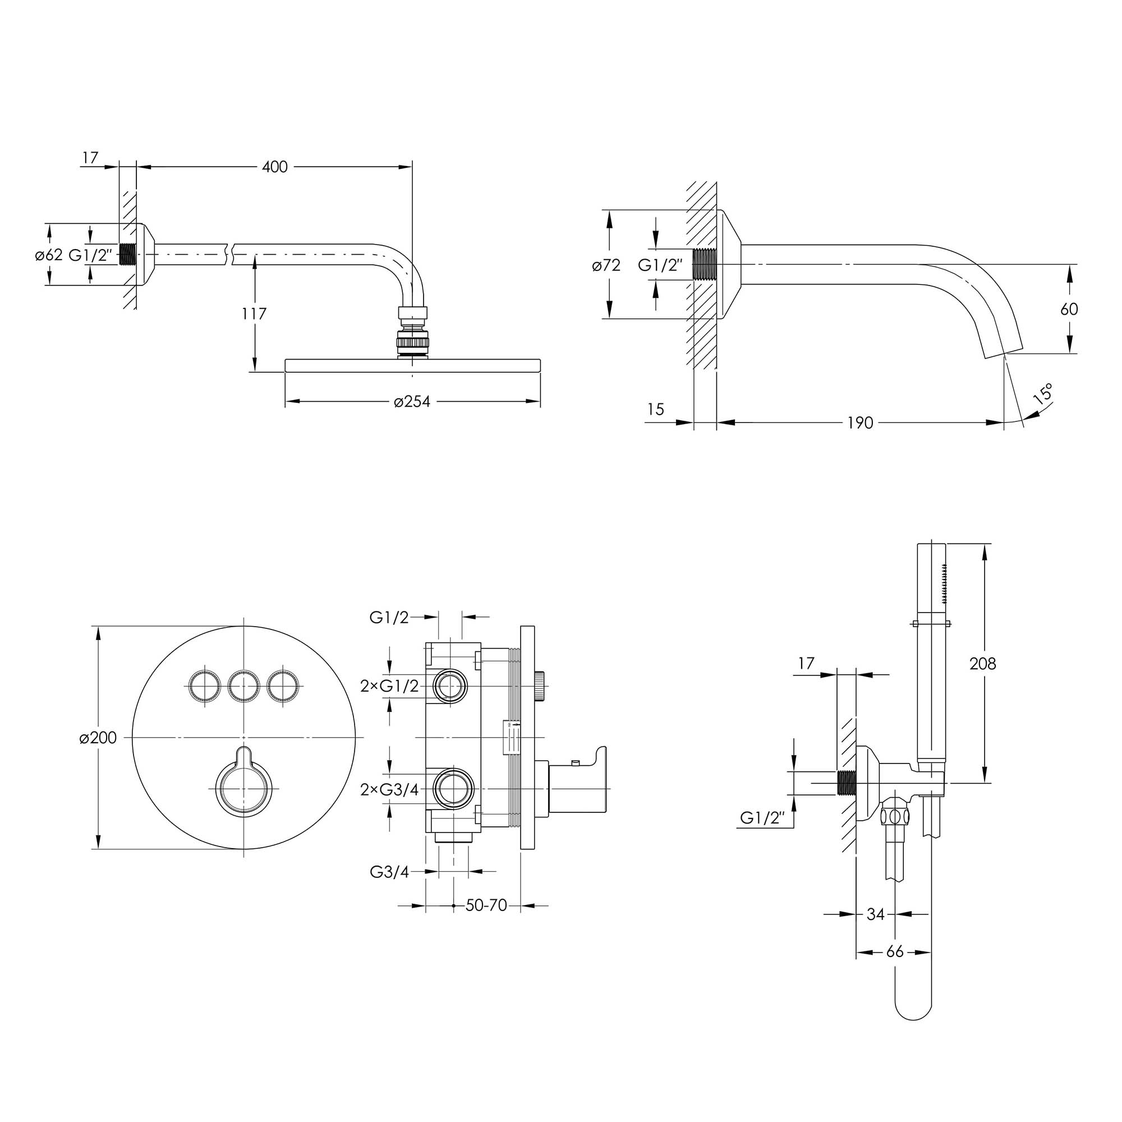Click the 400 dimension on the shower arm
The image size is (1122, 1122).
click(x=275, y=167)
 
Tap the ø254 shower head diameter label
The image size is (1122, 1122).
click(x=412, y=401)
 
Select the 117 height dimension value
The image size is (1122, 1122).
click(x=254, y=314)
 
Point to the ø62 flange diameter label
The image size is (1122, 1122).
click(x=49, y=255)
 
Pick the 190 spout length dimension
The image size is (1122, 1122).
click(x=860, y=423)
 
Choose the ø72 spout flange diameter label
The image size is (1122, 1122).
click(x=606, y=265)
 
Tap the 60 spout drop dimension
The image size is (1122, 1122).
click(x=1069, y=309)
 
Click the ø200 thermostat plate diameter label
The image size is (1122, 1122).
click(x=98, y=738)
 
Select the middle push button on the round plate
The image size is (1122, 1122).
click(x=243, y=687)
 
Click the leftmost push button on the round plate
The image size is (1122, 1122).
click(x=204, y=687)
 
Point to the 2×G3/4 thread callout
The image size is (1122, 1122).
click(x=389, y=789)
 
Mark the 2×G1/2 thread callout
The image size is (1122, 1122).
click(x=389, y=686)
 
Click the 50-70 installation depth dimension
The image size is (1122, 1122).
click(x=486, y=905)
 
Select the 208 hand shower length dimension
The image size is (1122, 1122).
click(x=983, y=663)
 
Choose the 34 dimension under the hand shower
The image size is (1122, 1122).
click(x=875, y=914)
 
